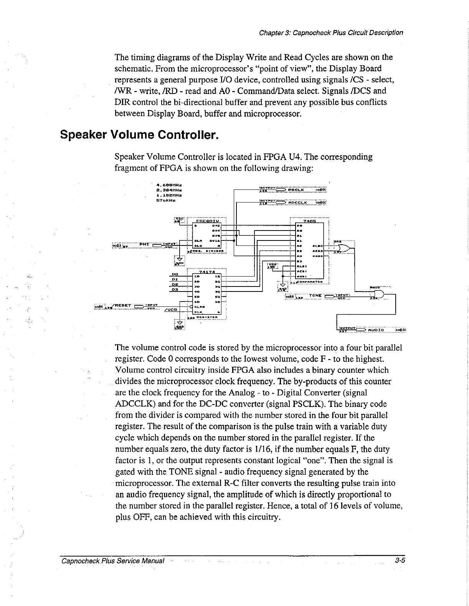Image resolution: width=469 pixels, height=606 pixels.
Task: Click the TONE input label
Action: (315, 296)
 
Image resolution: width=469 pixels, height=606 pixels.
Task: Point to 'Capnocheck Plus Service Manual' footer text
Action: (113, 561)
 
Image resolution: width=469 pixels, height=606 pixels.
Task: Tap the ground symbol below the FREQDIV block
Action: (179, 260)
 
